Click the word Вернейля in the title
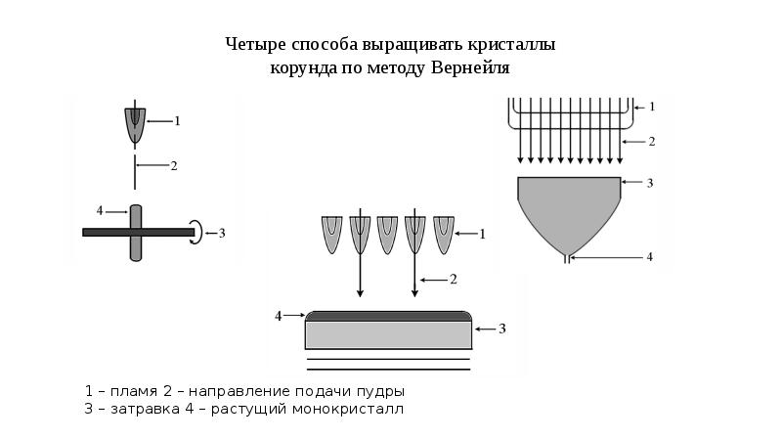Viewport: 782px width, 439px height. point(470,67)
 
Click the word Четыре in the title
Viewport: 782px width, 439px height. point(254,44)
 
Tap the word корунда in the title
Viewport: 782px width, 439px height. point(303,68)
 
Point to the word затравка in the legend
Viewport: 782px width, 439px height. point(145,409)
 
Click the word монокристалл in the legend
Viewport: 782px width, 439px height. point(348,409)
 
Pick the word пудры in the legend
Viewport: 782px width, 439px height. point(381,392)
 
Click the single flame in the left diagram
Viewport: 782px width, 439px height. point(135,126)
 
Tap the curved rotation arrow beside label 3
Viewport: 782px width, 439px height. point(198,232)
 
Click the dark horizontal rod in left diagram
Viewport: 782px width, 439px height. point(138,232)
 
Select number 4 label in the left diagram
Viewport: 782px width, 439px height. point(100,211)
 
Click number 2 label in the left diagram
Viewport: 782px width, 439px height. point(174,165)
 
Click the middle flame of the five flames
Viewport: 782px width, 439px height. point(387,235)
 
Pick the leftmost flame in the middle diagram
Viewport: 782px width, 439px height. point(331,235)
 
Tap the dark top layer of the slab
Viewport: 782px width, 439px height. point(388,316)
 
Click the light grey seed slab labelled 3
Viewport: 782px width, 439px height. point(388,334)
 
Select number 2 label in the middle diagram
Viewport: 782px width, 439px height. point(454,280)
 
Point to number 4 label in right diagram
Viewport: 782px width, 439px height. point(649,257)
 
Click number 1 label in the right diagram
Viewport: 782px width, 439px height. point(651,107)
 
